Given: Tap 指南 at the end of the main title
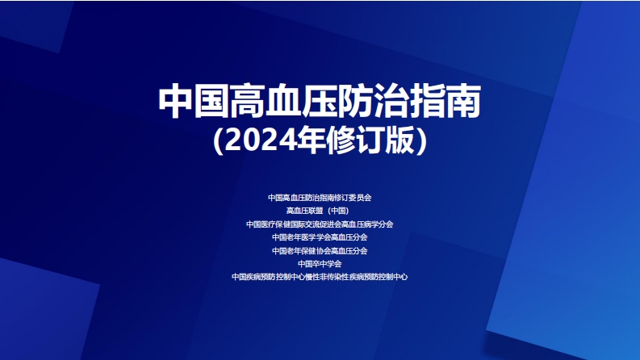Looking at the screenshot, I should (448, 102).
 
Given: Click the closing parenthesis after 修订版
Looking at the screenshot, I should (422, 141).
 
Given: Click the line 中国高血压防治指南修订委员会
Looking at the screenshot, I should (320, 197).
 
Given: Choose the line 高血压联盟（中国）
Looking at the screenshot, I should (320, 211).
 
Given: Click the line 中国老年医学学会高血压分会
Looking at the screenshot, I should (320, 237).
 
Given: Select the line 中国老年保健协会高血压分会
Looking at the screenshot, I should (320, 250).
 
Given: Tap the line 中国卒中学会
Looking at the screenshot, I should (320, 263).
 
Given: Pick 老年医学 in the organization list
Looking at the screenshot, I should (303, 237).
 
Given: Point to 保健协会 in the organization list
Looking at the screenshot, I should (312, 250).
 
